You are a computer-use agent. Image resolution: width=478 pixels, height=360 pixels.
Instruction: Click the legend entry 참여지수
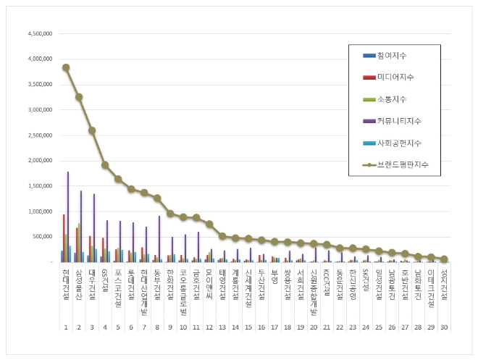(395, 55)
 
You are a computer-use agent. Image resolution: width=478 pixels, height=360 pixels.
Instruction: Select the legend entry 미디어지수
(397, 77)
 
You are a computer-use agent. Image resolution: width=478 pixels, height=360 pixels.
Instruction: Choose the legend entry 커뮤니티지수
(399, 120)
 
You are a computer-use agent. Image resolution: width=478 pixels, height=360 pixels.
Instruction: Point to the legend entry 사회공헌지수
(399, 143)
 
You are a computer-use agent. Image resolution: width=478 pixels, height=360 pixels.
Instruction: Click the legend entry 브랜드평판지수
(401, 164)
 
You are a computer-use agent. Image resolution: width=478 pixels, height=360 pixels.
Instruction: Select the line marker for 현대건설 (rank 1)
(66, 67)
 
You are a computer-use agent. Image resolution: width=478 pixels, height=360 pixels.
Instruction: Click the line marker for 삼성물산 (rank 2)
(79, 97)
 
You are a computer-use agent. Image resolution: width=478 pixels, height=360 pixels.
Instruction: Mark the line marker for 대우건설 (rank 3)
(92, 131)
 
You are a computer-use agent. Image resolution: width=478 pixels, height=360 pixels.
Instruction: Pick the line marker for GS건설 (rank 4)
(105, 165)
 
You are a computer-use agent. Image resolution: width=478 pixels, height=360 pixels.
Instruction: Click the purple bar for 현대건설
(68, 217)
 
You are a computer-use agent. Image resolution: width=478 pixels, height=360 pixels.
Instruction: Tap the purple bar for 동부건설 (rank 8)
(159, 238)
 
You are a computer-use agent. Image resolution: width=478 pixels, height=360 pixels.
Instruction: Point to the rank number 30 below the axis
(443, 327)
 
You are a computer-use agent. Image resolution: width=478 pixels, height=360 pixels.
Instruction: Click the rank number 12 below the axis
(209, 327)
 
